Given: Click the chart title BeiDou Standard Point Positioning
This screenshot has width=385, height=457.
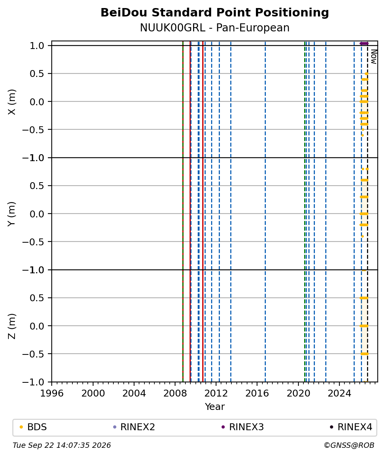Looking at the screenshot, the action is point(215,13).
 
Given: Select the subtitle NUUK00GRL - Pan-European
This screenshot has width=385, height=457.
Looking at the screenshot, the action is point(215,28).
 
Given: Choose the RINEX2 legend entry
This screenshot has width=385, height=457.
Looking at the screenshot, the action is point(134,427).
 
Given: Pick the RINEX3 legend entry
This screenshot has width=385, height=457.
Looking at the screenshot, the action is point(242,427).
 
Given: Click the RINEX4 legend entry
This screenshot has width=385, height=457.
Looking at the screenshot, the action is point(351,427).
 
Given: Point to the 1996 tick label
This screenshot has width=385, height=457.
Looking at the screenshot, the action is point(52,393).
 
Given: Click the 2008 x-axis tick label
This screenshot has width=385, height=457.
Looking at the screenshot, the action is point(175,393).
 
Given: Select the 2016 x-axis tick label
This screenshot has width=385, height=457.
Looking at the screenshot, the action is point(257,393).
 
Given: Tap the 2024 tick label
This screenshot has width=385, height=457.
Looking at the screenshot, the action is point(339,393).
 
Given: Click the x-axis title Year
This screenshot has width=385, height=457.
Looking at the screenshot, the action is point(215,406).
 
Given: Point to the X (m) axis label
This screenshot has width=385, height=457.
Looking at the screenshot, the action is point(11,102).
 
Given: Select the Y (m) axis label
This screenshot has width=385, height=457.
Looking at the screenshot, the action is point(11,214).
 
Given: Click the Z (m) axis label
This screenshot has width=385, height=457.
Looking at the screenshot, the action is point(11,326).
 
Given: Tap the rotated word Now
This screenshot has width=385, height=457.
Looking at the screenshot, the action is point(374,57).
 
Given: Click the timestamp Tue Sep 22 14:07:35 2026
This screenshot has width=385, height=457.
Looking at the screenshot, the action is point(62,446).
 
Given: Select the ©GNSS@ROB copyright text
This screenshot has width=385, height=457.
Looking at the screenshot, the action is point(349,446).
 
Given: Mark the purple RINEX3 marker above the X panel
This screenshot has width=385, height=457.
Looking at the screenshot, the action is point(364,43).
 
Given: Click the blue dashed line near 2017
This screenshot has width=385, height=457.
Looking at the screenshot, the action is point(265,211).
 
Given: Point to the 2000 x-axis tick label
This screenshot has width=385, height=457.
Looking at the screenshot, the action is point(93,393).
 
